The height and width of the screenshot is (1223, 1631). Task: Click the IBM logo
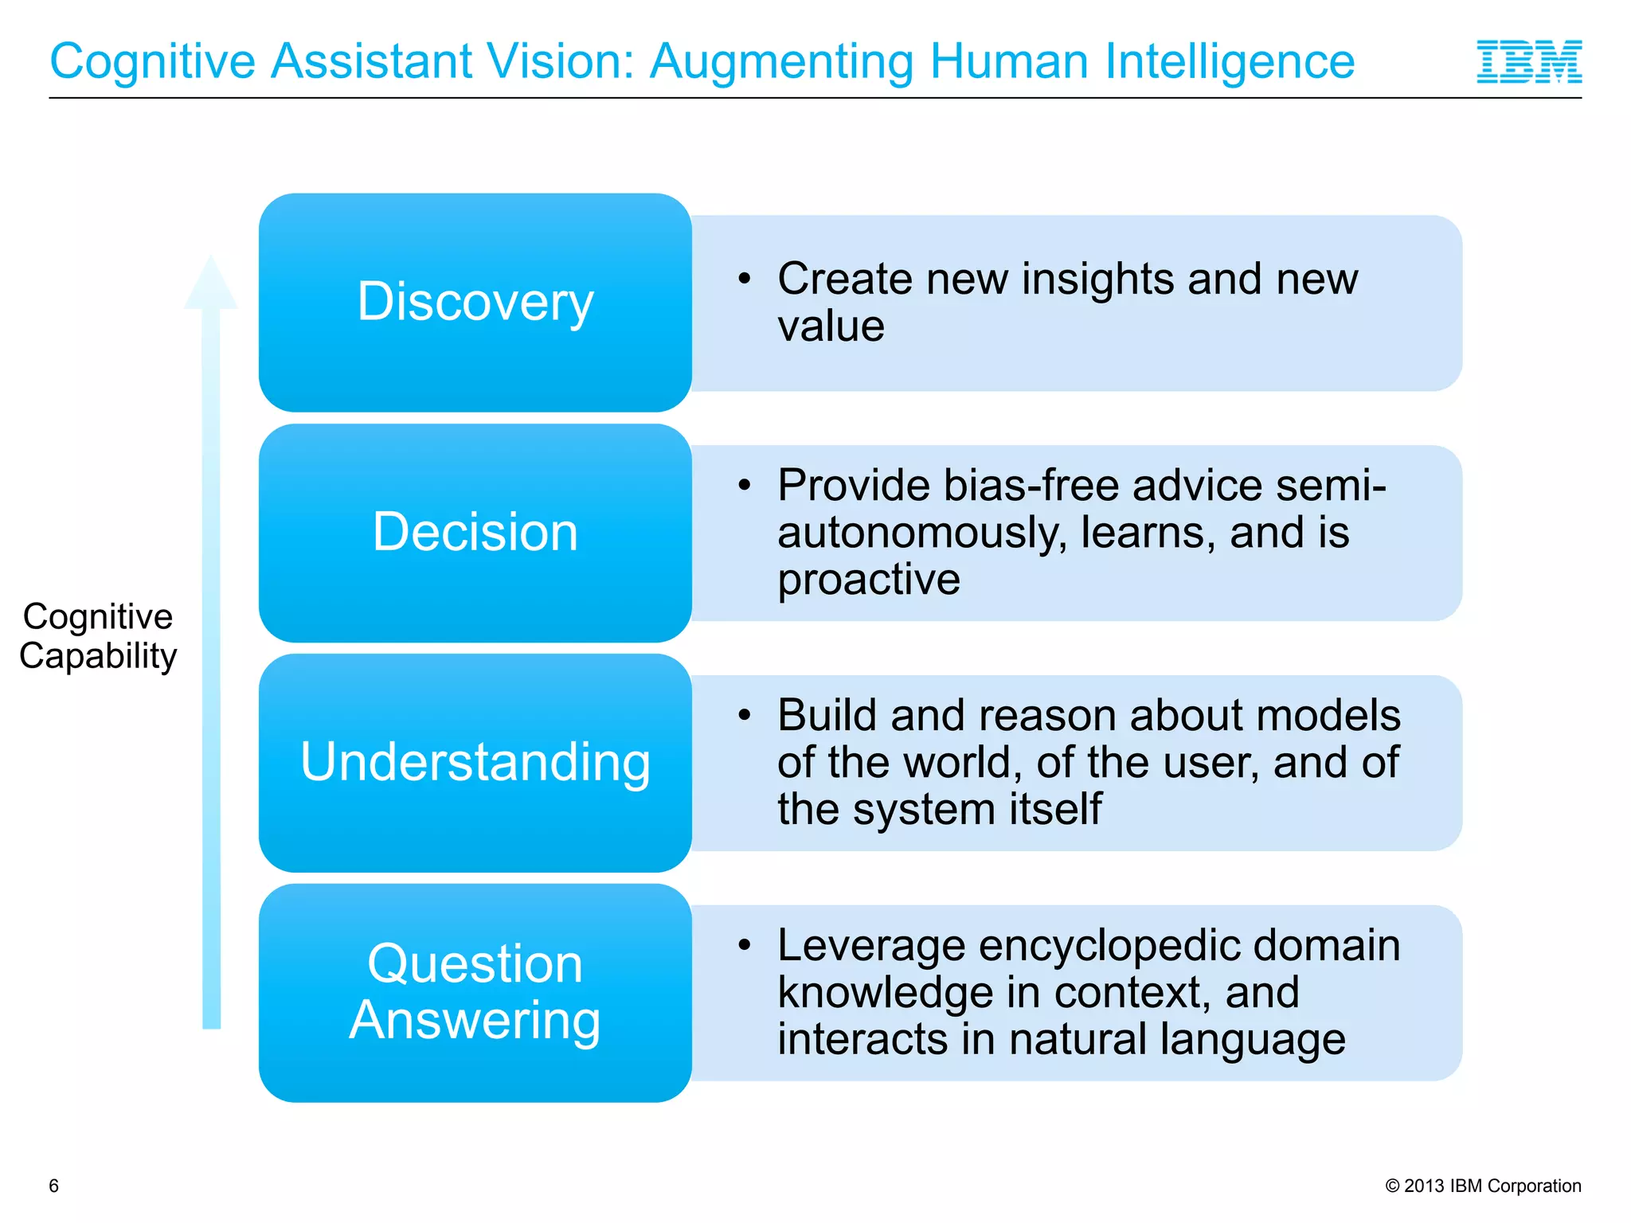pos(1528,62)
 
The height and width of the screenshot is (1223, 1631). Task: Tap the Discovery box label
pos(475,302)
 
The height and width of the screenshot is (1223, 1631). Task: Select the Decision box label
pos(475,532)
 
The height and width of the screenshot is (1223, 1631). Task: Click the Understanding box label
pos(475,762)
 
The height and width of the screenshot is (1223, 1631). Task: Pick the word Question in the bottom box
pos(475,963)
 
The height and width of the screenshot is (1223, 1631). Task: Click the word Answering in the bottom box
pos(475,1020)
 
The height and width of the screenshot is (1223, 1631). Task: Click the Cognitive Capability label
pos(98,636)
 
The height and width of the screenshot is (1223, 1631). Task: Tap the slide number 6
pos(54,1186)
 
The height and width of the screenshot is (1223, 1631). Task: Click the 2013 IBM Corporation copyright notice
pos(1483,1186)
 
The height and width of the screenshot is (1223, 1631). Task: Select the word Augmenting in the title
pos(781,62)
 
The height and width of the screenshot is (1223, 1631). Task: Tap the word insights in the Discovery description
pos(1097,279)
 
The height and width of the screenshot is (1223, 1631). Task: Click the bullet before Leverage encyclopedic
pos(745,945)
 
